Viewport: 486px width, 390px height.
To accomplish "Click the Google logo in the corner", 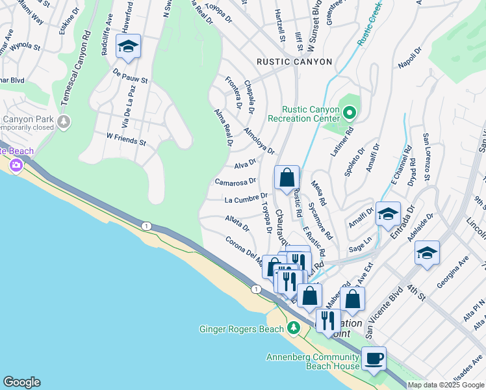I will [x=21, y=382].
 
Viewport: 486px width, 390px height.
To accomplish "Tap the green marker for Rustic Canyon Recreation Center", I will [x=350, y=113].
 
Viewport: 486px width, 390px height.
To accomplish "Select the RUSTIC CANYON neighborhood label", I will [x=294, y=62].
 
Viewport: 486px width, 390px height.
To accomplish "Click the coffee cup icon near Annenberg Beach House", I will [x=373, y=357].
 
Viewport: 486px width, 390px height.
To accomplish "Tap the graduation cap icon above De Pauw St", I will [x=128, y=47].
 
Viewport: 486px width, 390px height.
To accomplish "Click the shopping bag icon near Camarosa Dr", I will [x=287, y=177].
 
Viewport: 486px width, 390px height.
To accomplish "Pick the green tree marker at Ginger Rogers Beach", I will [x=294, y=328].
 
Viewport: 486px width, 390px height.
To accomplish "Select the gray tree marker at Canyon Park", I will [x=64, y=122].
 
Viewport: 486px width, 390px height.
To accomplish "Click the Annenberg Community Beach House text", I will [x=313, y=361].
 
